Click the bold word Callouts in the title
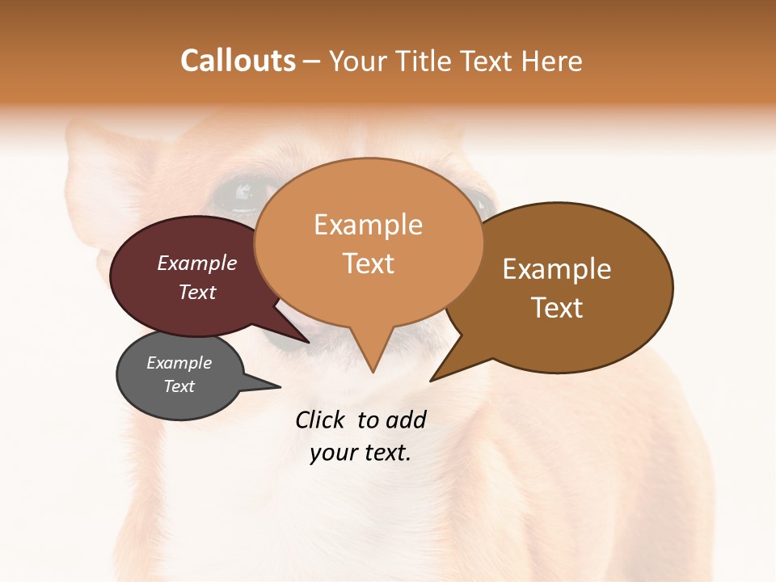click(x=238, y=61)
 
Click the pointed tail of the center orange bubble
click(x=373, y=370)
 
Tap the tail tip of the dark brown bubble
click(x=432, y=379)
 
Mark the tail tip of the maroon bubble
click(x=308, y=342)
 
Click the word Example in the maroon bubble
click(x=196, y=263)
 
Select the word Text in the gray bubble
click(x=179, y=386)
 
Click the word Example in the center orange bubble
click(x=368, y=225)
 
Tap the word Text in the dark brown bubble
click(x=557, y=307)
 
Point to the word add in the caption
click(x=406, y=420)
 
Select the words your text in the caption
click(x=361, y=453)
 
